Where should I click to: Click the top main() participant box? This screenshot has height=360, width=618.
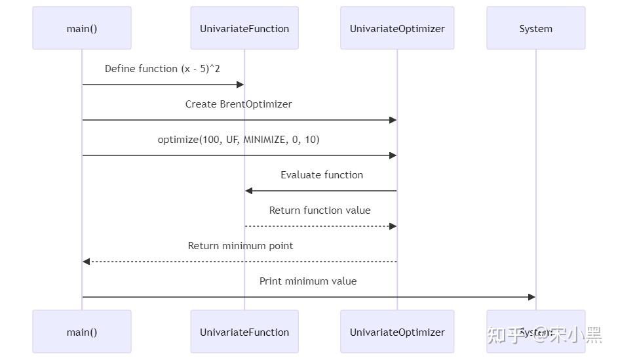(82, 28)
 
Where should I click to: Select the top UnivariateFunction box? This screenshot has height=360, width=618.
(244, 28)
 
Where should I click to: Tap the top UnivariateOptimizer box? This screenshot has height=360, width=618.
(397, 28)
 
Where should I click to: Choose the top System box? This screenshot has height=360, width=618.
(535, 28)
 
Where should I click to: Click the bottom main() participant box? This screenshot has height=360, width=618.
(82, 332)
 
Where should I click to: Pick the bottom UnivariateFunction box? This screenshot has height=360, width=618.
(244, 332)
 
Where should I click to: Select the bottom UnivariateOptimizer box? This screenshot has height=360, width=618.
(397, 332)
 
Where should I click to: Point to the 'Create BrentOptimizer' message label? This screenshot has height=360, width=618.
(239, 104)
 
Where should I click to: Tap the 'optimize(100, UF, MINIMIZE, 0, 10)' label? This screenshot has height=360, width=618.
(239, 140)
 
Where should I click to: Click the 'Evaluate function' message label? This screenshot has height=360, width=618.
(322, 175)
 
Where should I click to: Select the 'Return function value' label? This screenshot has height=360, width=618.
(320, 210)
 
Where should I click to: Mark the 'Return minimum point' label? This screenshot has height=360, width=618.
(241, 246)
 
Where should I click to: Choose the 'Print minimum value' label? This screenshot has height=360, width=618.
(308, 281)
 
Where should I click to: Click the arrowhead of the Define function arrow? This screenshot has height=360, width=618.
(241, 85)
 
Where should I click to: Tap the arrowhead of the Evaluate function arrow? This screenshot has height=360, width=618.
(249, 191)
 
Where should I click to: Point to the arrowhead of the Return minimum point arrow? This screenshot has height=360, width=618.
(86, 262)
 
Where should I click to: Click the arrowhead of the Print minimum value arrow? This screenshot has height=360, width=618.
(531, 297)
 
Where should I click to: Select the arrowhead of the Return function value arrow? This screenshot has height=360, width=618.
(393, 226)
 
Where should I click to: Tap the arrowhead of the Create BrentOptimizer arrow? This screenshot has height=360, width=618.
(393, 120)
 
